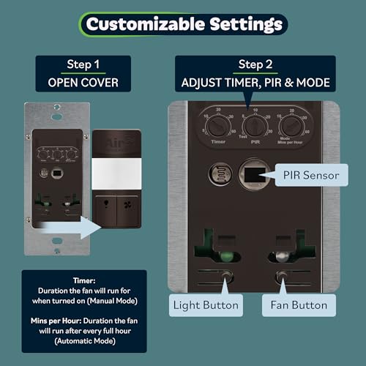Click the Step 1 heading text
click(83, 64)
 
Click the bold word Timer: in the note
click(83, 280)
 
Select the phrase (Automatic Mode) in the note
click(83, 338)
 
